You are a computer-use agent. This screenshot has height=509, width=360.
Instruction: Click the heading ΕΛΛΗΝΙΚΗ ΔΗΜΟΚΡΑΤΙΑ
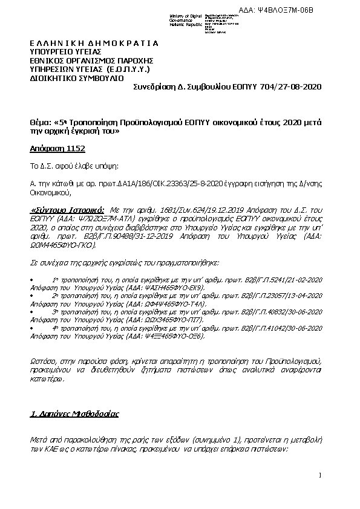[94, 44]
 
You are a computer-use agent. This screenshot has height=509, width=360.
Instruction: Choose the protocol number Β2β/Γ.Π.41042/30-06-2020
[279, 327]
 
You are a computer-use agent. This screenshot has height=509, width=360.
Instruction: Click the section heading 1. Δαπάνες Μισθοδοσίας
[74, 415]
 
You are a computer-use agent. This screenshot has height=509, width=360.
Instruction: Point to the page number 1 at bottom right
[319, 477]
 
